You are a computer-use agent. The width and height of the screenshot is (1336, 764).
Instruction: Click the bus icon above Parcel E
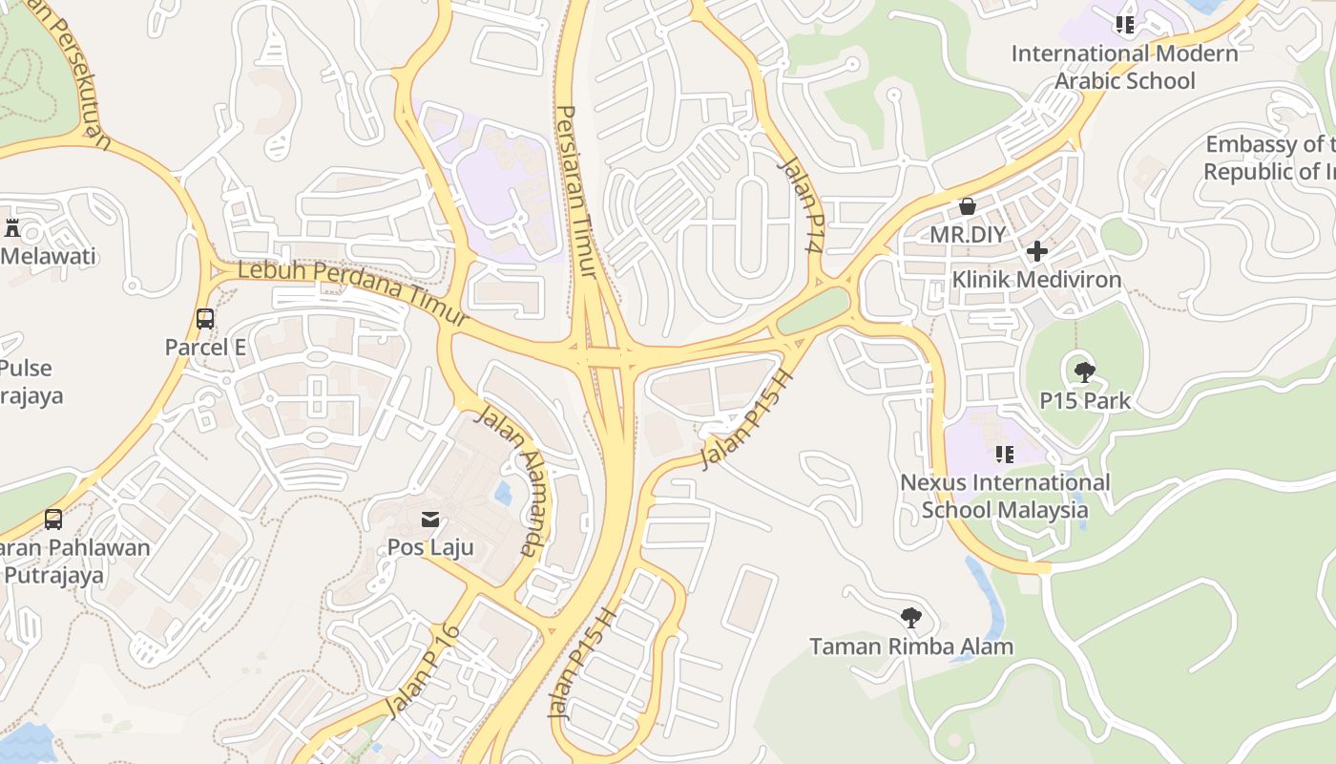click(205, 319)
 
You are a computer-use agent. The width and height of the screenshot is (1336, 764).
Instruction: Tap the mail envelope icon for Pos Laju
click(430, 520)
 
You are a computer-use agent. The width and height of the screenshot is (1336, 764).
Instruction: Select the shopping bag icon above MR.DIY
click(968, 206)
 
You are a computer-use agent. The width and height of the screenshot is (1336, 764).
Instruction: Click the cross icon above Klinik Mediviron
click(1037, 251)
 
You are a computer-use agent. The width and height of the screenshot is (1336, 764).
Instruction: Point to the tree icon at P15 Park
click(1085, 371)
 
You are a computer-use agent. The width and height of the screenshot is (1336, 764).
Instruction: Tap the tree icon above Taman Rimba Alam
click(911, 618)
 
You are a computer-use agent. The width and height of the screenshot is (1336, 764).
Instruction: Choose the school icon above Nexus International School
click(1005, 454)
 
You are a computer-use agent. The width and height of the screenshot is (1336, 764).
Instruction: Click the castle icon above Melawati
click(12, 228)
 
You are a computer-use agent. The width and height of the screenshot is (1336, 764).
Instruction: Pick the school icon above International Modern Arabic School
click(1125, 25)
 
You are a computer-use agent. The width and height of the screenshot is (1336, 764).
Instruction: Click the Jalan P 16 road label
click(423, 671)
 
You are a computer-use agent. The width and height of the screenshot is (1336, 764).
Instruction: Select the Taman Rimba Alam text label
click(911, 647)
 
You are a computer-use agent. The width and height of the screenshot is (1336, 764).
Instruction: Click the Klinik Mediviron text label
click(1036, 280)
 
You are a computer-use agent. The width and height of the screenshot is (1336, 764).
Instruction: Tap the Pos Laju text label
click(430, 548)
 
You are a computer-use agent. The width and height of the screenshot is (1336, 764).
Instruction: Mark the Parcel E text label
click(205, 348)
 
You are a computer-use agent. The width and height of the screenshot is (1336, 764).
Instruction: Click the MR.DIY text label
click(968, 234)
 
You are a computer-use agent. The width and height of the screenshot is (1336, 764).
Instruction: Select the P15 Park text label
click(1086, 400)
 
